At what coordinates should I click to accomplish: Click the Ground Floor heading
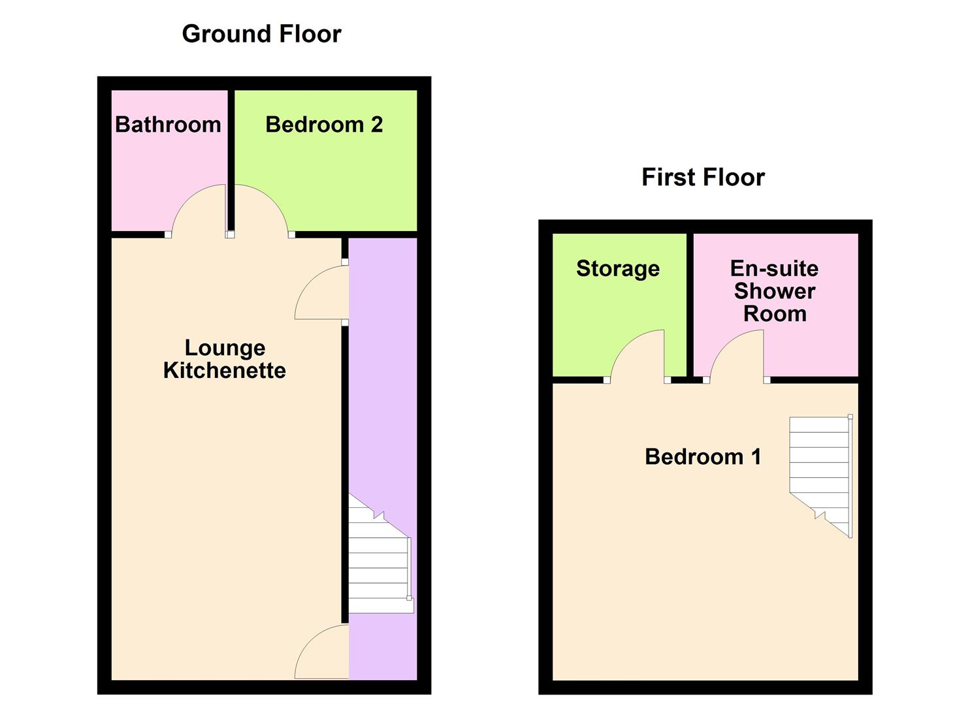click(261, 34)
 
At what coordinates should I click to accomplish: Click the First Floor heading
click(703, 177)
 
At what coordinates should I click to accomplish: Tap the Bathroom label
click(168, 125)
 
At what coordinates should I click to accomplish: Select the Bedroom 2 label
click(324, 125)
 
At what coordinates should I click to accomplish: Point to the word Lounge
click(225, 348)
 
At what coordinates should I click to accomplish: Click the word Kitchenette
click(225, 371)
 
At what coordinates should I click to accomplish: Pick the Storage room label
click(617, 268)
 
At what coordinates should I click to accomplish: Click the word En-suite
click(774, 268)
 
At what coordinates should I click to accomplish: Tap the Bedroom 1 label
click(703, 457)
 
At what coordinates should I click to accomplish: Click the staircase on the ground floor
click(379, 561)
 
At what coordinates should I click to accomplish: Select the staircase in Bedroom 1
click(820, 470)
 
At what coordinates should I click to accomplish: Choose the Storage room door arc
click(637, 356)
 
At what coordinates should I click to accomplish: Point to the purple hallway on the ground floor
click(383, 392)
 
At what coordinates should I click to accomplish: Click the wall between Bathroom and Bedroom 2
click(231, 157)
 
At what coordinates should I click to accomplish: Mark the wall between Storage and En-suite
click(690, 300)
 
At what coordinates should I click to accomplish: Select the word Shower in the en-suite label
click(775, 291)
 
